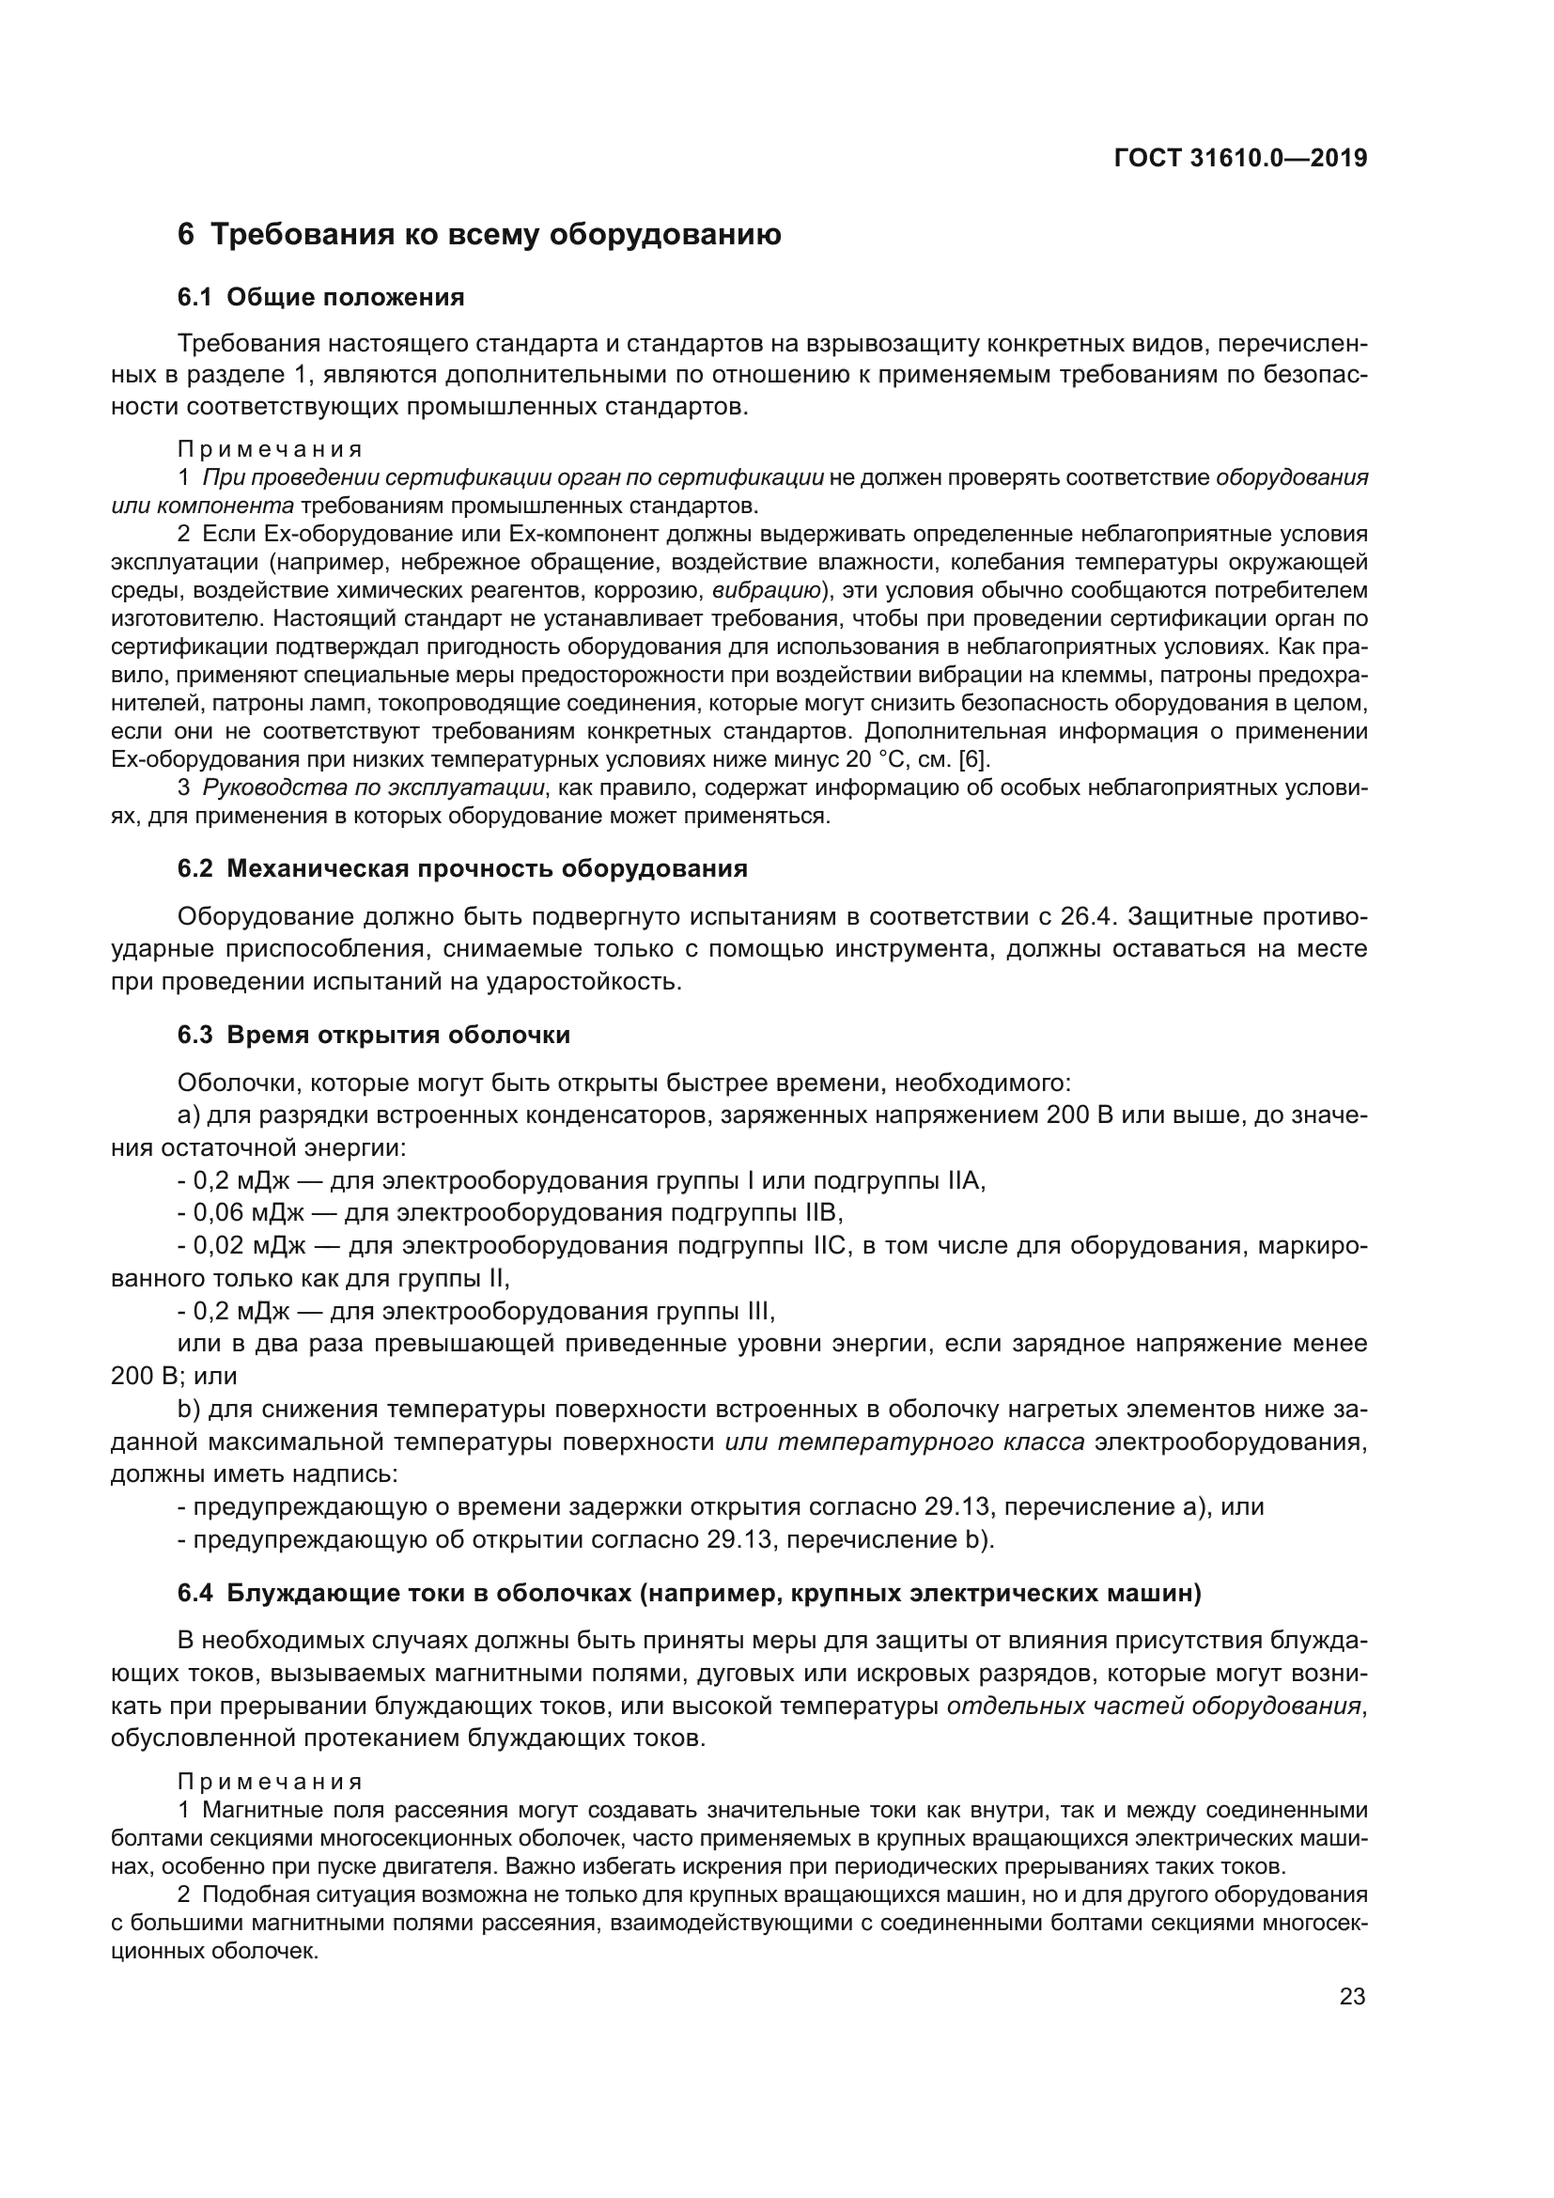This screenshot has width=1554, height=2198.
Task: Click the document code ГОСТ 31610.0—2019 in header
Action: (1240, 159)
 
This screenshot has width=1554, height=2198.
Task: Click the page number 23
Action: (1352, 1996)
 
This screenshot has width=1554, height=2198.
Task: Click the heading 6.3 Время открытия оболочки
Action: (373, 1035)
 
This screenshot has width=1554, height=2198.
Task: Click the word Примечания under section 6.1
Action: (270, 449)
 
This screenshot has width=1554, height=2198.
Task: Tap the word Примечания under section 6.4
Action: (270, 1782)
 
